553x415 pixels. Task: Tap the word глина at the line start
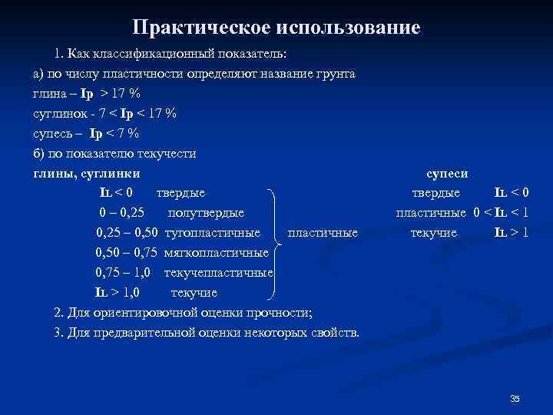click(48, 94)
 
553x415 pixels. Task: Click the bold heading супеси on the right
click(446, 174)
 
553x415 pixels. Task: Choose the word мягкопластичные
click(217, 252)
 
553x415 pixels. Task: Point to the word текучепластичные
click(219, 272)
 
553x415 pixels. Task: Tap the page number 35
click(515, 398)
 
